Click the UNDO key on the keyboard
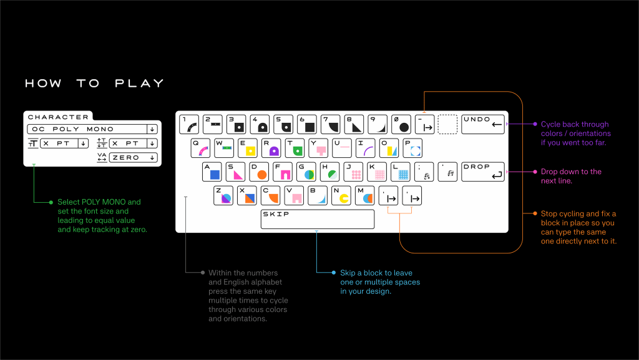tap(483, 124)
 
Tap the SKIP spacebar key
tap(318, 219)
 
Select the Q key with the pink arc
tap(200, 148)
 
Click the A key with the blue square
tap(212, 172)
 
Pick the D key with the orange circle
tap(259, 172)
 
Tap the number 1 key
tap(189, 124)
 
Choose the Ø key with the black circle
tap(401, 124)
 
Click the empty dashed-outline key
tap(447, 124)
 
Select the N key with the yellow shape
tap(341, 195)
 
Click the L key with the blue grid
tap(401, 172)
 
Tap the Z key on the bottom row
tap(223, 195)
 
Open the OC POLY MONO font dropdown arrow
tap(152, 129)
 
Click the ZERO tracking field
tap(133, 158)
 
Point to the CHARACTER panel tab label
tap(58, 117)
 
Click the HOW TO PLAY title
tap(95, 84)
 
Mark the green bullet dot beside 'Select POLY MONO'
tap(51, 202)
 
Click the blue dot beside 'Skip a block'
tap(334, 273)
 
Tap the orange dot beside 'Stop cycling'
tap(535, 213)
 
